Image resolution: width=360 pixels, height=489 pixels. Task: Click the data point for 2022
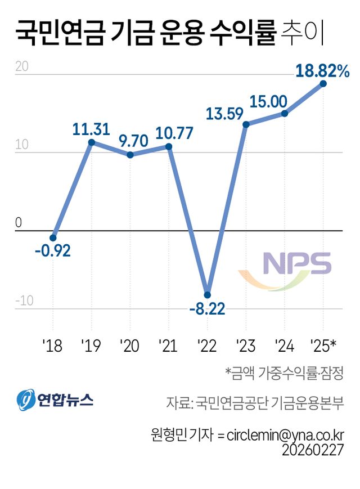tap(207, 294)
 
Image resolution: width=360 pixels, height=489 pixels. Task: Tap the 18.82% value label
tap(322, 71)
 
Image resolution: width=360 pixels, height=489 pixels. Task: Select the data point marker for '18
tap(53, 238)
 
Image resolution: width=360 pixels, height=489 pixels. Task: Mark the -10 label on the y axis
tap(24, 301)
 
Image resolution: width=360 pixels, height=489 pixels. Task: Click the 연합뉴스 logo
tap(55, 400)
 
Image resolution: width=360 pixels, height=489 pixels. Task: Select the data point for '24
tap(285, 113)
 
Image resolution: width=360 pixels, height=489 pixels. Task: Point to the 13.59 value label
tap(224, 113)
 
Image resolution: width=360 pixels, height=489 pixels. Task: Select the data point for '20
tap(130, 155)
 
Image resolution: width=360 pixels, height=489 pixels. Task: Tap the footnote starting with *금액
tap(284, 373)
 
